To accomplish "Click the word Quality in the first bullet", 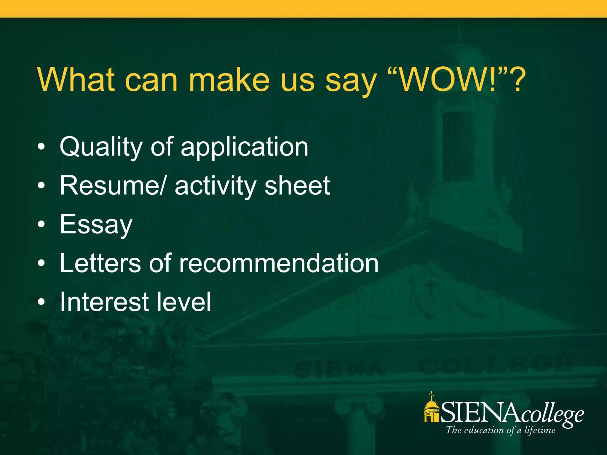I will coord(101,147).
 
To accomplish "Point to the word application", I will coord(245,147).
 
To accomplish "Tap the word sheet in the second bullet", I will coord(297,186).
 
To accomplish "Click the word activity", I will coord(215,186).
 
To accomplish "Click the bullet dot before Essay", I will coord(41,224).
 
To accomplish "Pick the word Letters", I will coord(100,263).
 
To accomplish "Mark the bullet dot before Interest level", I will coord(41,302).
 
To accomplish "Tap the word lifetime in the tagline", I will coord(539,430).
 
